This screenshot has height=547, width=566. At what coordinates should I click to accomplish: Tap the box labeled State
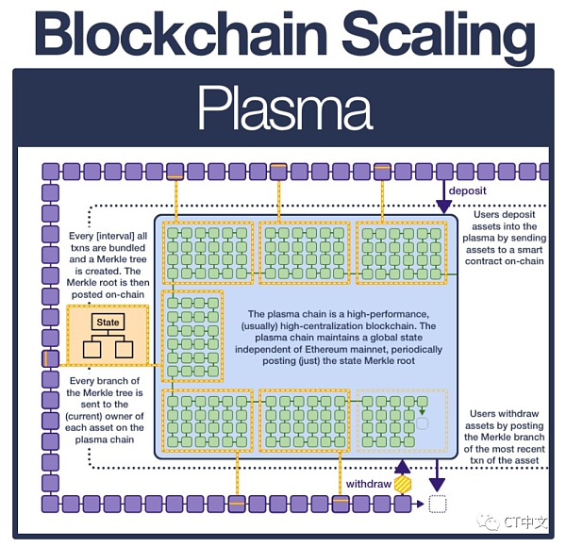click(108, 323)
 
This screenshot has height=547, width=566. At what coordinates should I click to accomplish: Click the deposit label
click(468, 191)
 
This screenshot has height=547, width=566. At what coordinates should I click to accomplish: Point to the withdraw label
click(368, 483)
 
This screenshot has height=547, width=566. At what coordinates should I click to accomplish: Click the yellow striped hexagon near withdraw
click(404, 484)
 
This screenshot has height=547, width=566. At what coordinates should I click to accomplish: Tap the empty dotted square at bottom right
click(436, 505)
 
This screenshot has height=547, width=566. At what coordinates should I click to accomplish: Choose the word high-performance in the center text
click(386, 314)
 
